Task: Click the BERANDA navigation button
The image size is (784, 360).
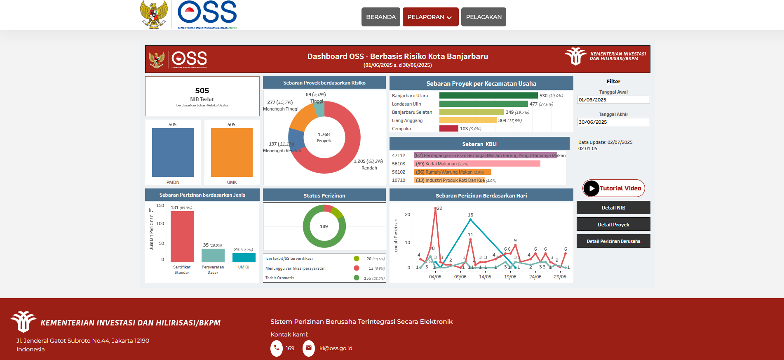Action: click(380, 17)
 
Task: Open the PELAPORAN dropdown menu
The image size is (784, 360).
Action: click(430, 17)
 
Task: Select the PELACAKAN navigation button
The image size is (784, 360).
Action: click(484, 17)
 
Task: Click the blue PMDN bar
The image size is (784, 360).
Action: click(173, 153)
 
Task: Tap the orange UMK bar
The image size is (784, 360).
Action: click(232, 153)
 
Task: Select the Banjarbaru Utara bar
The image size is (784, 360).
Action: click(488, 96)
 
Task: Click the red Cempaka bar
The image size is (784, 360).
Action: click(448, 129)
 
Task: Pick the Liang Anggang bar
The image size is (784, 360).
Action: click(468, 120)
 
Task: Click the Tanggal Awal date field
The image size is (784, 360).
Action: click(613, 100)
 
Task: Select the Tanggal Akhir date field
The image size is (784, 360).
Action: click(613, 122)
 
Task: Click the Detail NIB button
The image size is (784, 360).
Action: click(613, 208)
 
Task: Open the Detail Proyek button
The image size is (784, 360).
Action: click(613, 224)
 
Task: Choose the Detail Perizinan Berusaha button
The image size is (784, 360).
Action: click(613, 241)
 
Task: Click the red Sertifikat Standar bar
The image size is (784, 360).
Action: click(182, 236)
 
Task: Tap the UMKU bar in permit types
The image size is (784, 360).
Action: click(244, 258)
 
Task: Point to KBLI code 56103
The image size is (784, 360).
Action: click(399, 164)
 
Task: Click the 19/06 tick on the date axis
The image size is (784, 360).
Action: click(510, 277)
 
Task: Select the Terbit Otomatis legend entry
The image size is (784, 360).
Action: click(280, 278)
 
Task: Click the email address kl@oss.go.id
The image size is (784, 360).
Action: click(336, 348)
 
